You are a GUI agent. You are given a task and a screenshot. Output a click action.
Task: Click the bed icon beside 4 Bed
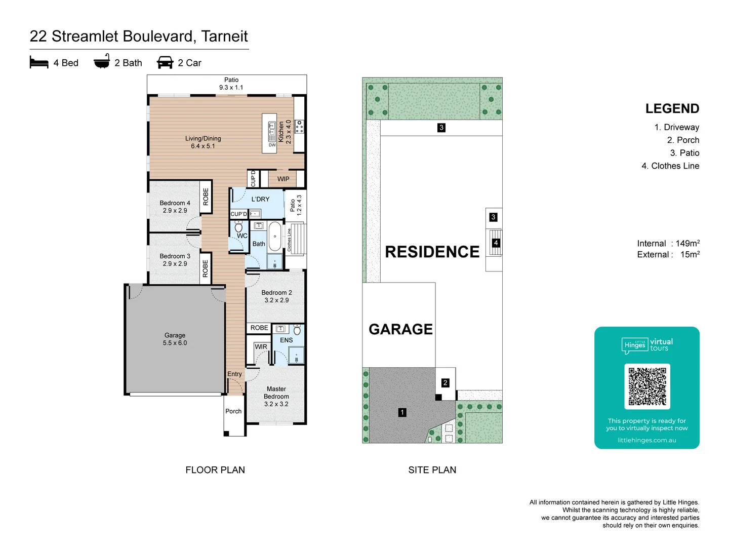(39, 63)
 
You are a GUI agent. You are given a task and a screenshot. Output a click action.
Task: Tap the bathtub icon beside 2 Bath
(102, 62)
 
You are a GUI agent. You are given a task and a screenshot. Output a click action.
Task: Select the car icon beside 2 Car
(165, 63)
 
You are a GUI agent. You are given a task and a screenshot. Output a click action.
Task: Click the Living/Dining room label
(203, 142)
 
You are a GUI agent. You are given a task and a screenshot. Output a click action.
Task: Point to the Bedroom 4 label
(175, 207)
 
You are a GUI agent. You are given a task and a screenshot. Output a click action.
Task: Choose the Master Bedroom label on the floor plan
(276, 396)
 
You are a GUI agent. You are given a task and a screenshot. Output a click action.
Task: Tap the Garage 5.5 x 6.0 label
(175, 339)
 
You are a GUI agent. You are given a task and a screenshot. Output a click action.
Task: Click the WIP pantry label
(283, 179)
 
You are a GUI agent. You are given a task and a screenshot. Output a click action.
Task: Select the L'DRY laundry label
(260, 199)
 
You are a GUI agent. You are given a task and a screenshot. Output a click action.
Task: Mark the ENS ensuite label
(287, 340)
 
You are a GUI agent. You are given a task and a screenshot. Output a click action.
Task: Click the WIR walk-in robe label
(261, 347)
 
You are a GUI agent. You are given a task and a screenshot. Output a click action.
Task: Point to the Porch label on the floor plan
(233, 411)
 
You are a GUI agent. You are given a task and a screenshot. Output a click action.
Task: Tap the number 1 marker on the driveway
(402, 412)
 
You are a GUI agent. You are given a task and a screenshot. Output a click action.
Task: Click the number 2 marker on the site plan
(445, 383)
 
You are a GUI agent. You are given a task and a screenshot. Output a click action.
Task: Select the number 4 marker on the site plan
(496, 243)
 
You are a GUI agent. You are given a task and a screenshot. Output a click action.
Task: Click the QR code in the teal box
(647, 386)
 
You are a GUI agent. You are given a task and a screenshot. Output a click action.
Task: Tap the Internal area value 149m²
(687, 244)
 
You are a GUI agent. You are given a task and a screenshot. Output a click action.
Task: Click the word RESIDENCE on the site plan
(432, 252)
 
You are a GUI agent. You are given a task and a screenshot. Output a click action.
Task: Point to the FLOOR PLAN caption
(215, 470)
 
